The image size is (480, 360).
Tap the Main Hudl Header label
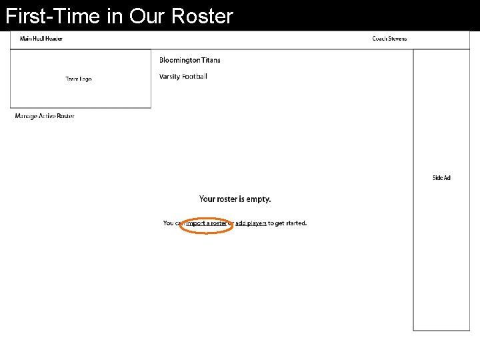(41, 39)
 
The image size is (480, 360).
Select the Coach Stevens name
(389, 39)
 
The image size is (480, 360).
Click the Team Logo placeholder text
(79, 79)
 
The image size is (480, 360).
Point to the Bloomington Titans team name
(190, 60)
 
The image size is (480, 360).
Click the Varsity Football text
(183, 77)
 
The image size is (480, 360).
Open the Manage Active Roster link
(45, 116)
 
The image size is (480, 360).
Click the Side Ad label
(441, 178)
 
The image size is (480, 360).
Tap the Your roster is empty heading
(235, 199)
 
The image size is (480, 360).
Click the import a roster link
(206, 223)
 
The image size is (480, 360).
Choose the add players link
(251, 223)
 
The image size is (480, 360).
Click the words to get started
(287, 223)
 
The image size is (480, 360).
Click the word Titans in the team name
(211, 60)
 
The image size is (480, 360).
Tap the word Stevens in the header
(397, 39)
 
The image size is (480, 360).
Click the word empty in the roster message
(259, 199)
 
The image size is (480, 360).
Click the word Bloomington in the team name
(179, 60)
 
